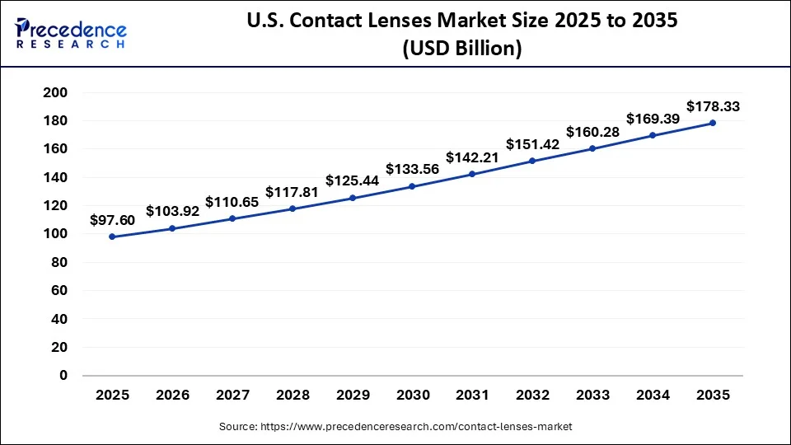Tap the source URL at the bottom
(x=395, y=426)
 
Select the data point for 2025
(x=112, y=237)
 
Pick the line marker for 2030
(x=412, y=186)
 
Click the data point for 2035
(x=713, y=123)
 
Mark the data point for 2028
(x=293, y=208)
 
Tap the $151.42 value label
(x=532, y=143)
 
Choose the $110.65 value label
(x=232, y=201)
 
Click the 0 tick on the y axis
(x=63, y=375)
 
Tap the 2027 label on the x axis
(x=232, y=395)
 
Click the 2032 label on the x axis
(x=532, y=395)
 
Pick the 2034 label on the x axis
(x=653, y=395)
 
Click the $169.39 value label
(x=653, y=118)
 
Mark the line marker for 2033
(x=592, y=148)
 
